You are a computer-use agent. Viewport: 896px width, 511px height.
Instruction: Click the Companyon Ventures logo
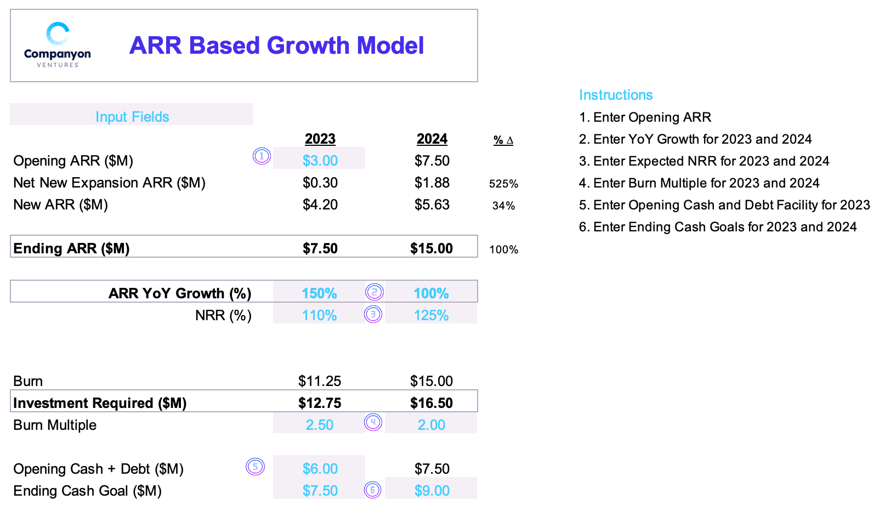point(58,45)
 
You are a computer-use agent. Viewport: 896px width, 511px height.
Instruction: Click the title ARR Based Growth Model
point(276,46)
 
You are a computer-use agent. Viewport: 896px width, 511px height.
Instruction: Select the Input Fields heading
point(132,117)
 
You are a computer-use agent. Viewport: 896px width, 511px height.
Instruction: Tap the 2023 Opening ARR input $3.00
point(320,161)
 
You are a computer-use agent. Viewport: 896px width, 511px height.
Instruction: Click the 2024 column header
point(432,139)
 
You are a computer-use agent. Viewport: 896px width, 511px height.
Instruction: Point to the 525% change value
point(503,184)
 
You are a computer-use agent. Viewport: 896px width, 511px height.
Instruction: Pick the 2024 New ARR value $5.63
point(432,205)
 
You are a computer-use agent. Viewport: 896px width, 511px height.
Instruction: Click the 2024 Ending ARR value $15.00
point(432,248)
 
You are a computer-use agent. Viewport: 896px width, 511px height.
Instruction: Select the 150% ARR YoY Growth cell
point(319,293)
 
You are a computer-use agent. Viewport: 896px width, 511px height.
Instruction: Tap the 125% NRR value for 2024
point(431,315)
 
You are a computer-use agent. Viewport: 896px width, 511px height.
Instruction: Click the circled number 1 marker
point(262,156)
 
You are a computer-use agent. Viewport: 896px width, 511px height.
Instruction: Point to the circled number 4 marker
point(373,422)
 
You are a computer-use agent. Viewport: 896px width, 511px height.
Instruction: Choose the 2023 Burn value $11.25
point(320,381)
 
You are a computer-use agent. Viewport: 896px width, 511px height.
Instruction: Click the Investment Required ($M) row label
point(100,403)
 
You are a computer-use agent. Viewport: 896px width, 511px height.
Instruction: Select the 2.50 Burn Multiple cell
point(319,425)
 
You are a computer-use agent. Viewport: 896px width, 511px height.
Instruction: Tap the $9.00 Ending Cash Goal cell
point(432,491)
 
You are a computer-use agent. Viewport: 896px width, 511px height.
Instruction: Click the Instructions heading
point(616,95)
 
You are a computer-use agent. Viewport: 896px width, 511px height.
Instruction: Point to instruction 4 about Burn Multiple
point(699,183)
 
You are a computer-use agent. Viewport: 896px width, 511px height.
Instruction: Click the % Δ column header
point(503,140)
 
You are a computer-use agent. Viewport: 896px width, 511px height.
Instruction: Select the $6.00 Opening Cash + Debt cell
point(320,469)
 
